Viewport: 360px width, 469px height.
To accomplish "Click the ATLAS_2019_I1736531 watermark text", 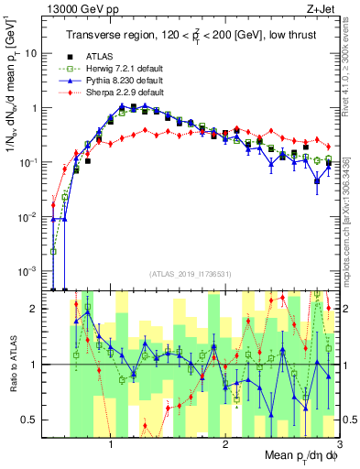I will [191, 274].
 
